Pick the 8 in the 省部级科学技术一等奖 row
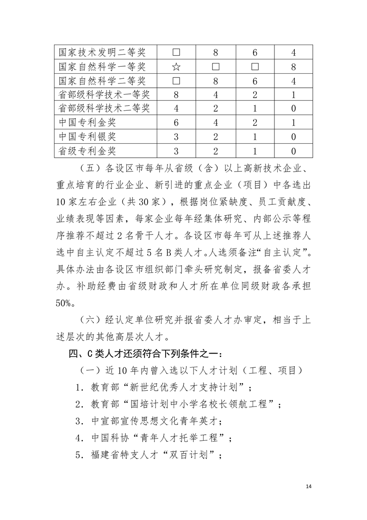(176, 95)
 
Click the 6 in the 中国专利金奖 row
(176, 123)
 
